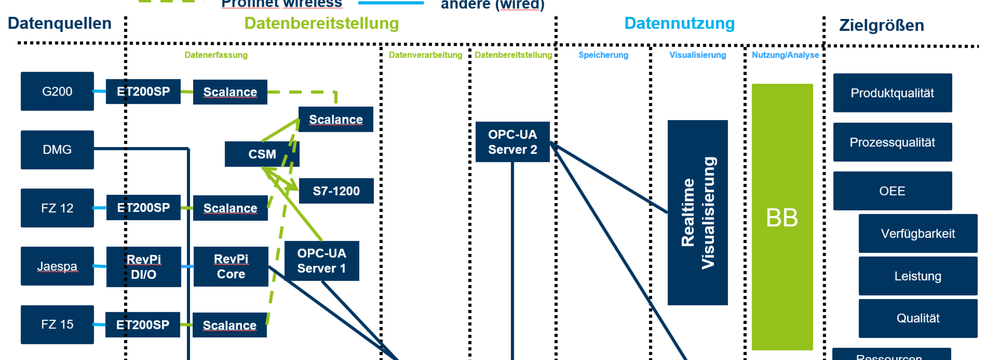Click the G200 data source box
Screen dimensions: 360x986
[x=57, y=91]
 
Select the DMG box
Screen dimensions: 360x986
[x=57, y=150]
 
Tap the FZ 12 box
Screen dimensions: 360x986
[x=57, y=208]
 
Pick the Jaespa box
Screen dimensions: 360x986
[x=57, y=266]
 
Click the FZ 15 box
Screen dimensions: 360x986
[x=57, y=324]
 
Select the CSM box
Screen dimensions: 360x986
[x=262, y=154]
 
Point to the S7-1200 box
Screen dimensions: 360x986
[x=336, y=191]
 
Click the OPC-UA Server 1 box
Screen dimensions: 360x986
[x=322, y=261]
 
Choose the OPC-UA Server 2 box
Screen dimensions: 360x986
[x=512, y=142]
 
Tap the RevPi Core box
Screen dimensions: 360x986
[x=231, y=266]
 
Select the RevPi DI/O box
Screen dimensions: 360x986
[x=143, y=267]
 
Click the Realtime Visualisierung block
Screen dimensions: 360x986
[x=697, y=213]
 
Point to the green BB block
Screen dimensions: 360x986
[x=782, y=217]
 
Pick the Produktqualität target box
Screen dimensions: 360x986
[x=892, y=93]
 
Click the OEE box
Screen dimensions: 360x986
[x=892, y=191]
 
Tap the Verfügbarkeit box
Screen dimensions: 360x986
[x=917, y=233]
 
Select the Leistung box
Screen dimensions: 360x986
[x=917, y=276]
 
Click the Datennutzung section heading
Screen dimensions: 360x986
[x=680, y=23]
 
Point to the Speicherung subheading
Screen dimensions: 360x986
[x=603, y=55]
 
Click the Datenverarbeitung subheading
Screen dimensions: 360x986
[x=425, y=55]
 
